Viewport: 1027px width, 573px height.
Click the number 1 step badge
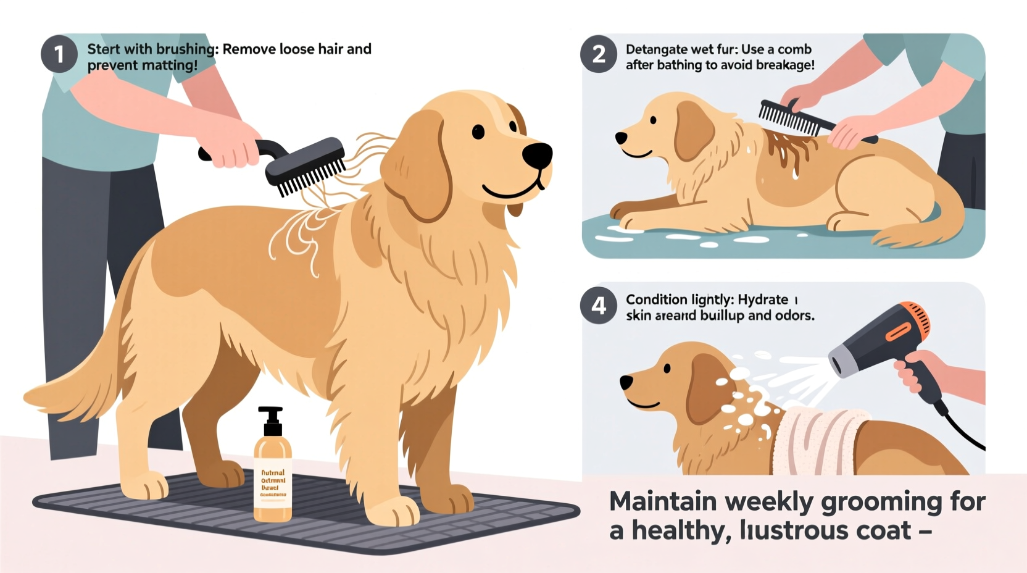pos(59,54)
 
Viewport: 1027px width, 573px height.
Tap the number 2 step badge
pos(598,54)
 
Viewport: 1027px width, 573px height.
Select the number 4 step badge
pos(598,305)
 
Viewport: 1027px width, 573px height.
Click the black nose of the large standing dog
pos(537,155)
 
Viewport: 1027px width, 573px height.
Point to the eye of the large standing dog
pos(478,131)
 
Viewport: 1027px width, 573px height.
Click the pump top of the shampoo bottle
pos(270,420)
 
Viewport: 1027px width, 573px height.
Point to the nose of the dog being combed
pos(621,138)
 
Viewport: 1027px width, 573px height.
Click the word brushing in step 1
pos(187,49)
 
